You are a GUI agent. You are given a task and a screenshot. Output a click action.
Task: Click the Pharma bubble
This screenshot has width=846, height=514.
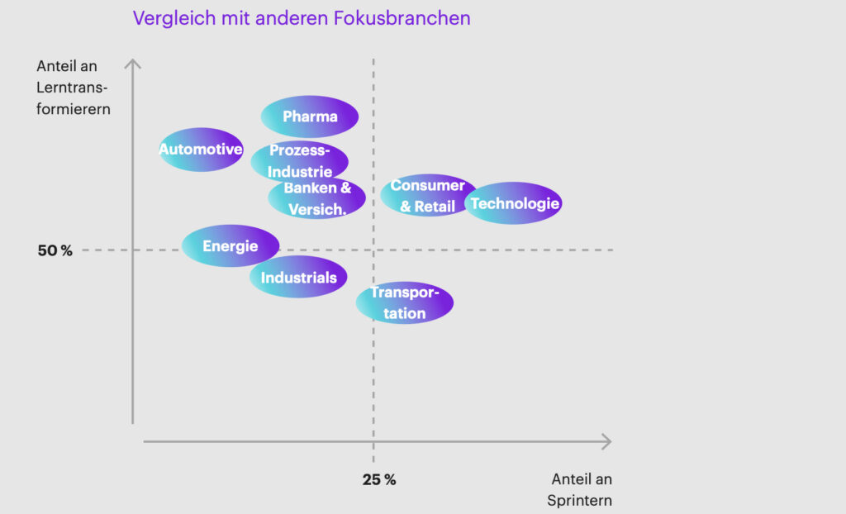click(310, 117)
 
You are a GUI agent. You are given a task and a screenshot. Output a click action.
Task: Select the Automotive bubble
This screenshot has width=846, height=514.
click(201, 150)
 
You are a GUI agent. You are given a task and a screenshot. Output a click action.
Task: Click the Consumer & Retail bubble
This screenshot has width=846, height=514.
click(427, 196)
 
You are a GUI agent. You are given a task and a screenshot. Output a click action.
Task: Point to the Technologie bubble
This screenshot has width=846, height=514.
click(515, 203)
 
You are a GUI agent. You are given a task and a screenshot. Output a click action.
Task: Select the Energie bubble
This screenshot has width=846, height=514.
click(231, 246)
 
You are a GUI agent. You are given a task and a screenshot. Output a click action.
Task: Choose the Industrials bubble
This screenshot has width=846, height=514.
click(298, 278)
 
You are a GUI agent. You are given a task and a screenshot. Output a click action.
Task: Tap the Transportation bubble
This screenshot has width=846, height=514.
click(405, 303)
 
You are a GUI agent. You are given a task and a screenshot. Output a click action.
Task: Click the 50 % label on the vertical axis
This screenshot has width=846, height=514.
click(55, 250)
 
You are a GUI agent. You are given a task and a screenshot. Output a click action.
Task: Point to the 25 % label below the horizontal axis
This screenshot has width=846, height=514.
click(379, 479)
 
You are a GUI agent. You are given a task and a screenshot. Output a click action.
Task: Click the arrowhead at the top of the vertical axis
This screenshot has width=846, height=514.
click(133, 63)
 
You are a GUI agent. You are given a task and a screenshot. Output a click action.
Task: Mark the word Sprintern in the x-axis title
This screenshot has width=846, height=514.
click(579, 500)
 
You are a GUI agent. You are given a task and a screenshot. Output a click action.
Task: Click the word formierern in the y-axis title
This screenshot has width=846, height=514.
click(74, 107)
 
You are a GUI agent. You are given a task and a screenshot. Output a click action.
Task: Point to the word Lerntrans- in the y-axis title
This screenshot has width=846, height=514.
click(74, 87)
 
